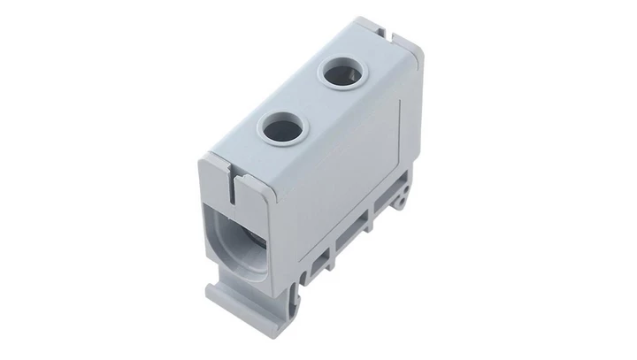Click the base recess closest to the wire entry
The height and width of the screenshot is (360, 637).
tap(316, 257)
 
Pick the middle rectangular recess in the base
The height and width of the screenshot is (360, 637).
tap(349, 231)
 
